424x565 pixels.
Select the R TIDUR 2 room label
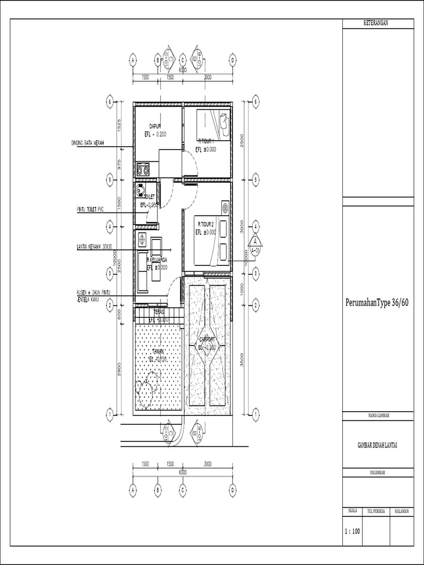pos(206,225)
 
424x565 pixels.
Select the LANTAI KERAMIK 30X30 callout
pos(94,246)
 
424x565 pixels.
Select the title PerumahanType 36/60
pos(377,302)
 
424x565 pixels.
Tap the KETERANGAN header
pos(377,23)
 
